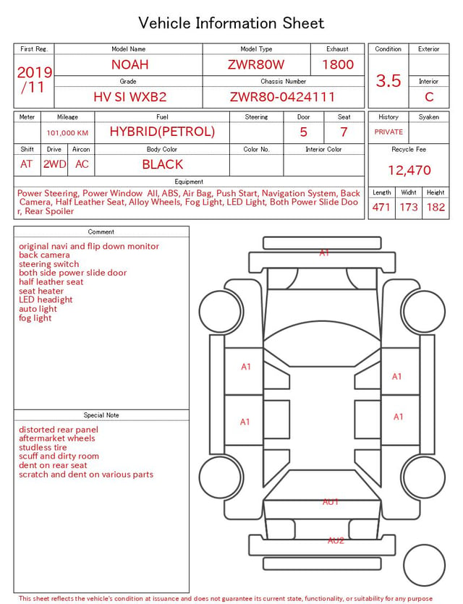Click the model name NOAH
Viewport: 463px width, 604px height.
tap(129, 64)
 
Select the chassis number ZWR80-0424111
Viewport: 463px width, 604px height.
tap(282, 97)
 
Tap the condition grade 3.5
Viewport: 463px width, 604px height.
tap(388, 81)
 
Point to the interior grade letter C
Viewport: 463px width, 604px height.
tap(429, 97)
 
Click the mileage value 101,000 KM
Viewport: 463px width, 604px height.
tap(67, 133)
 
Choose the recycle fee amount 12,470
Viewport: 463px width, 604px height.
tap(409, 170)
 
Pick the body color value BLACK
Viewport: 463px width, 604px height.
tap(163, 164)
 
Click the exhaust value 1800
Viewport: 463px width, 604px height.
tap(338, 64)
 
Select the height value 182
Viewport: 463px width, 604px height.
tap(436, 207)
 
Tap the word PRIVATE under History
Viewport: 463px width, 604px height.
tap(388, 132)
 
